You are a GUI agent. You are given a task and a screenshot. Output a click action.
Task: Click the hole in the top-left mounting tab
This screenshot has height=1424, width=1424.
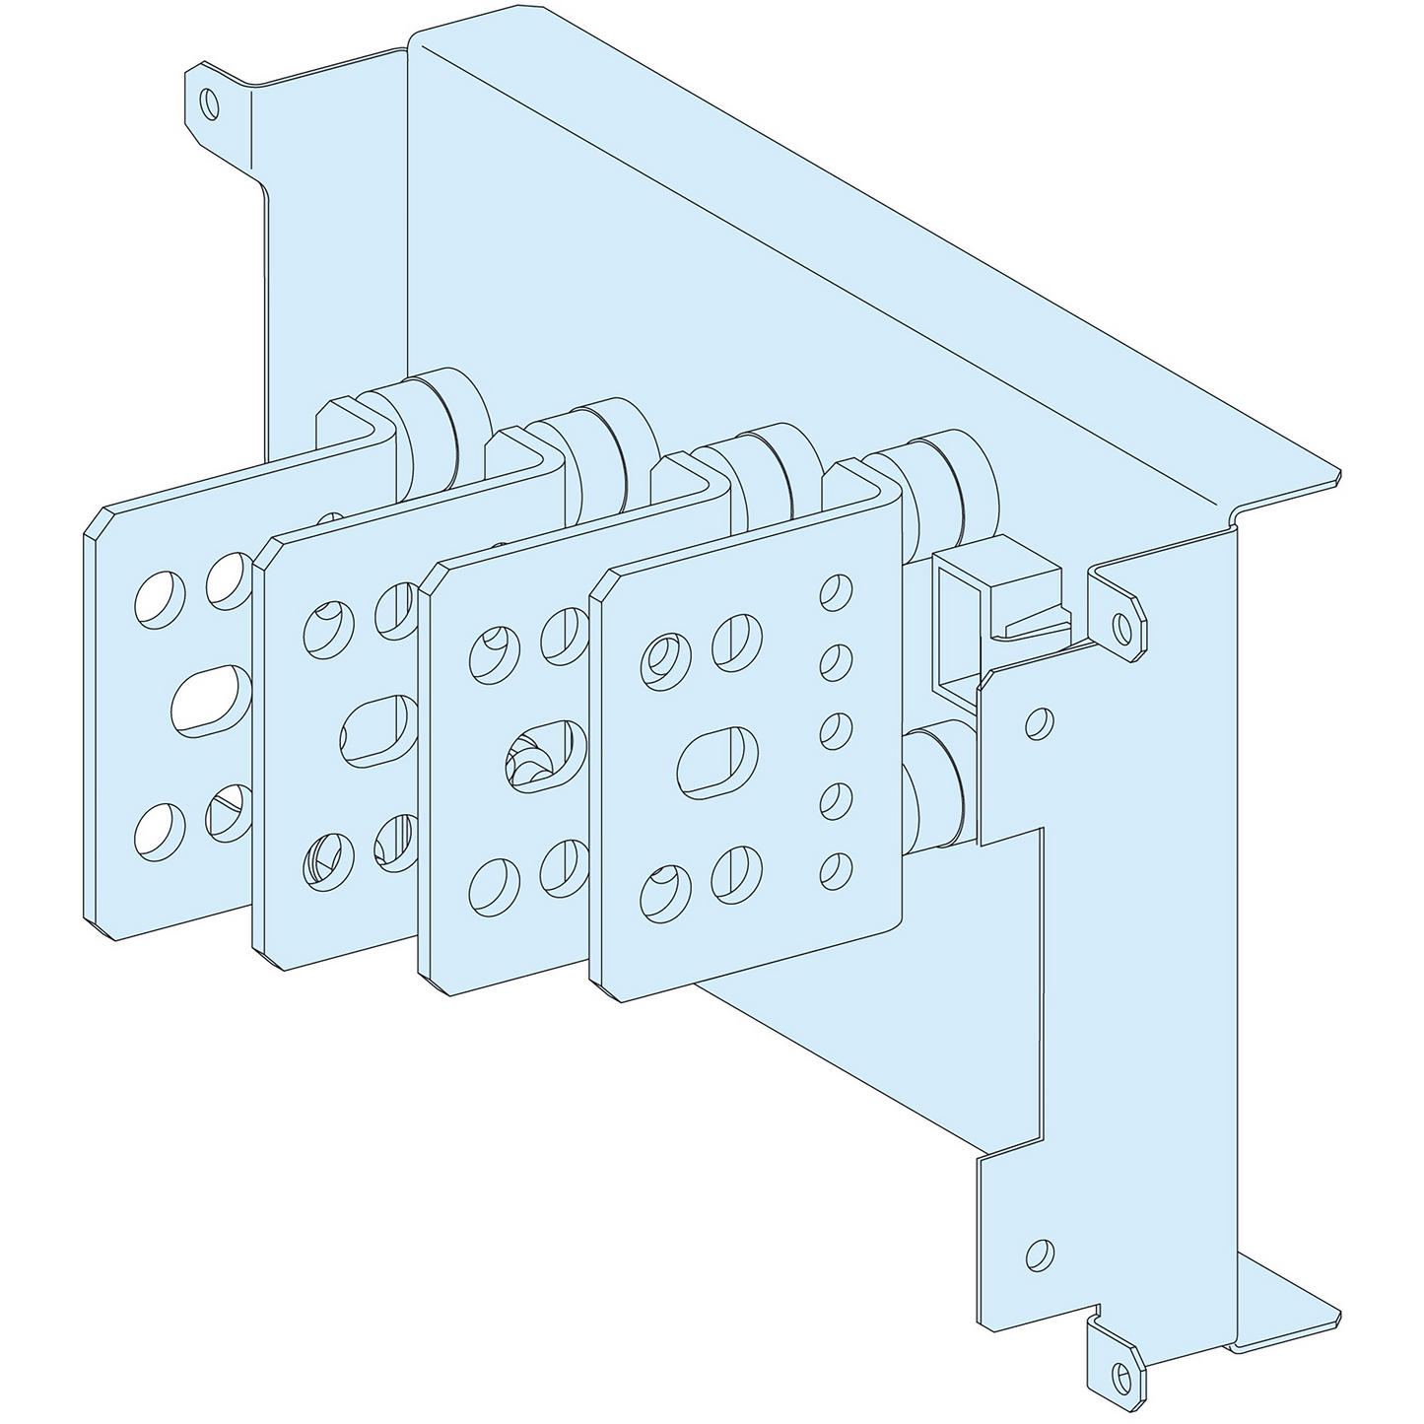(208, 102)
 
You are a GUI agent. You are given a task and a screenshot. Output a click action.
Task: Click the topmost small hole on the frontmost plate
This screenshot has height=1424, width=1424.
(836, 594)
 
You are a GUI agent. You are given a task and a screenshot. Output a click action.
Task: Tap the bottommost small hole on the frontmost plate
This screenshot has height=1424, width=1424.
(836, 868)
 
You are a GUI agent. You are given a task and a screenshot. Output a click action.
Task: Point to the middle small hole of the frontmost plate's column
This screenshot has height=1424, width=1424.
(836, 730)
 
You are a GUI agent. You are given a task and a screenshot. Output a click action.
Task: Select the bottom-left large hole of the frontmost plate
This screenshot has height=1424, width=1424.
(661, 891)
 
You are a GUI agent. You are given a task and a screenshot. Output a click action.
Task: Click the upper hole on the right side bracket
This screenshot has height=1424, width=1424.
(1036, 723)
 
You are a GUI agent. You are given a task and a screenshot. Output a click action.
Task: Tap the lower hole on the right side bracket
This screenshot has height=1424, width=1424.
(1037, 1254)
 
